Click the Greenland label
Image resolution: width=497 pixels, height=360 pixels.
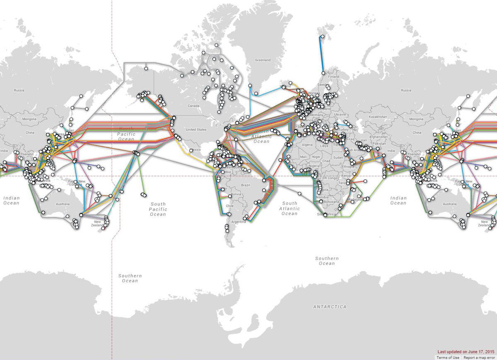click(263, 60)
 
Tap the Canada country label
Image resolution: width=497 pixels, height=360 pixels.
click(193, 106)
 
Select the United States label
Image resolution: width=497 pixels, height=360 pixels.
click(196, 130)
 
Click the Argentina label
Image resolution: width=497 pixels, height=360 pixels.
click(239, 222)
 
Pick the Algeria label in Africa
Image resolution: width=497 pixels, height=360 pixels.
click(307, 145)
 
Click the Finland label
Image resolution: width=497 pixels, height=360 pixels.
click(333, 77)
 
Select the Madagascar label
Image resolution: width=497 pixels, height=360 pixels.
click(355, 199)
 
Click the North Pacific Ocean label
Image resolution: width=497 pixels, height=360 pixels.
click(126, 134)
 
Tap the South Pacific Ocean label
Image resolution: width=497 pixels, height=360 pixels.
click(158, 209)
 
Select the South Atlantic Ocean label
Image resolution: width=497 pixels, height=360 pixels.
click(290, 208)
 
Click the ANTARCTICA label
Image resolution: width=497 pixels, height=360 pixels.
click(330, 307)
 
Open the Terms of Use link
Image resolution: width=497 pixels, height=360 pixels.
click(447, 357)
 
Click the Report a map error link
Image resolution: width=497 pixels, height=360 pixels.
click(479, 357)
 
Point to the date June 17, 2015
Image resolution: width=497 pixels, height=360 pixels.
click(480, 351)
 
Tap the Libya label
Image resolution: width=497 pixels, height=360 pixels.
click(324, 146)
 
